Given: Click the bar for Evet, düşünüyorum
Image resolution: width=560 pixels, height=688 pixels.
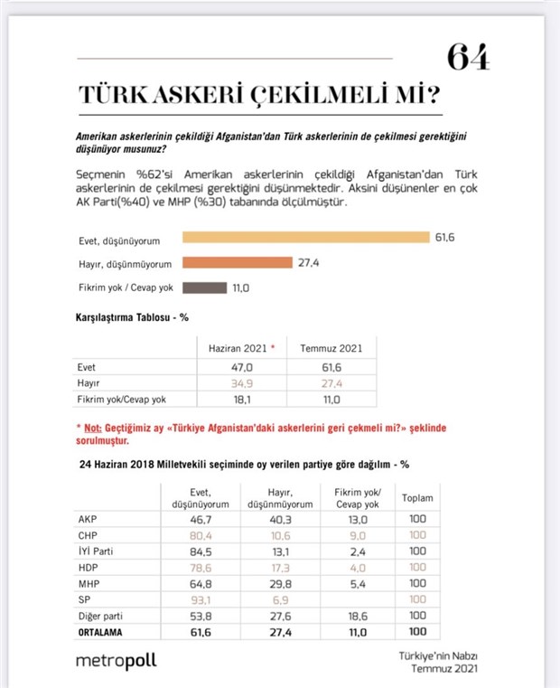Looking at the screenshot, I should click(x=305, y=238).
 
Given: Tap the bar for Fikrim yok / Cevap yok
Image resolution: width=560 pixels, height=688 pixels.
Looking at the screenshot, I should click(x=204, y=288).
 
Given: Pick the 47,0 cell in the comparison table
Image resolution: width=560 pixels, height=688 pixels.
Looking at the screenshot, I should click(x=241, y=369).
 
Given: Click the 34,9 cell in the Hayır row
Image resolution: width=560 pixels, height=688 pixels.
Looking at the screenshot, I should click(x=241, y=384).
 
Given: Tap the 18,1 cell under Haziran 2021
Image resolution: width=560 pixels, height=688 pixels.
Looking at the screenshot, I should click(x=241, y=399).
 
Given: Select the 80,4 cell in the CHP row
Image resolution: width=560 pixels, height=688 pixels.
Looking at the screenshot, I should click(x=198, y=535).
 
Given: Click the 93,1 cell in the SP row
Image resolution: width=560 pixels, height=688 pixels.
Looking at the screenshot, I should click(x=198, y=599).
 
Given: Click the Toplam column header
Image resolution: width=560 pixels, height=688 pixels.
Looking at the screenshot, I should click(x=417, y=497).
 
